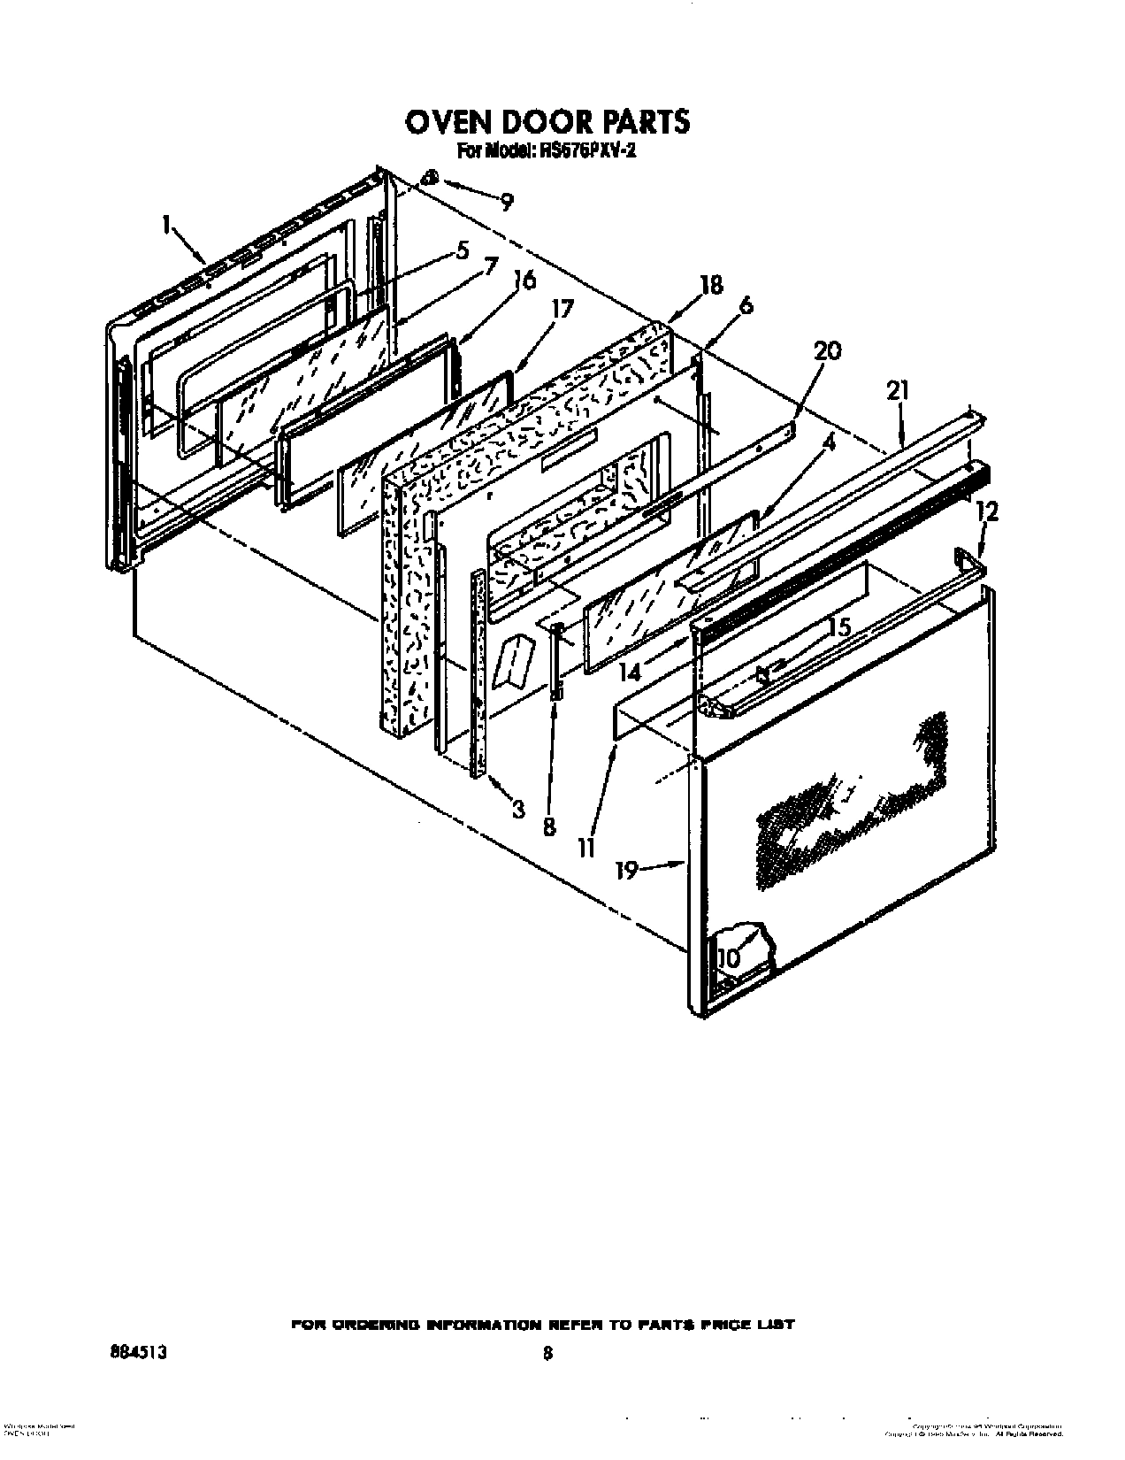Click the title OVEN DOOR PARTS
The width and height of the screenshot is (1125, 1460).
pos(547,121)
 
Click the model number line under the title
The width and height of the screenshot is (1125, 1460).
pos(547,151)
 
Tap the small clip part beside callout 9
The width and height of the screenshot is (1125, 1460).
pos(431,178)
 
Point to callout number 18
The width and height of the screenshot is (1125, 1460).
pos(710,285)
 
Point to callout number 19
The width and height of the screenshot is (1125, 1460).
pos(626,872)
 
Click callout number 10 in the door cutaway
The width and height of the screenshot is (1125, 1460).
pos(728,958)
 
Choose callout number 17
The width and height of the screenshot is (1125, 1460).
pos(562,309)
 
